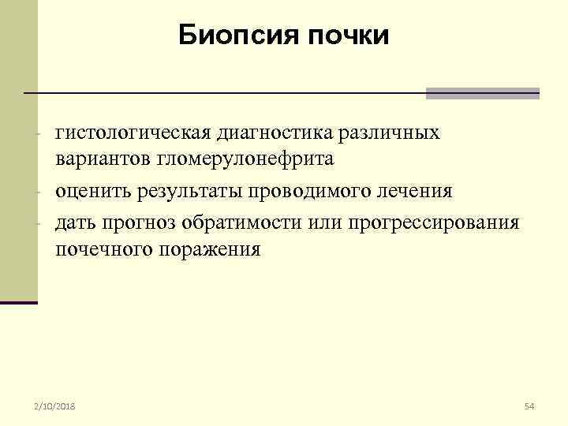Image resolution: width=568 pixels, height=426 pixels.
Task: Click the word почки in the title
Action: coord(349,35)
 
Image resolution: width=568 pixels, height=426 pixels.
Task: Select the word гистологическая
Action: coord(130,133)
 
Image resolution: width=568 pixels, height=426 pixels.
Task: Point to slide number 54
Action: coord(529,406)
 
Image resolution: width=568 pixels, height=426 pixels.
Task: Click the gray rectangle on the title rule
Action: coord(482,93)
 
